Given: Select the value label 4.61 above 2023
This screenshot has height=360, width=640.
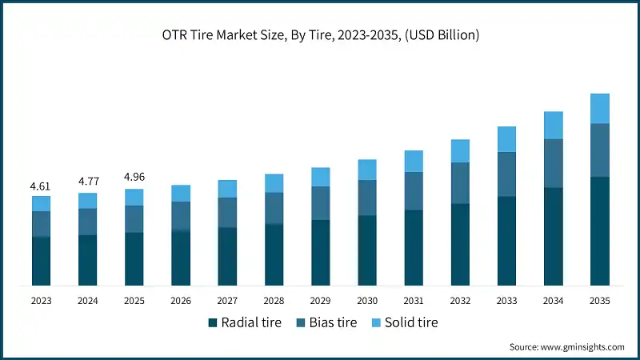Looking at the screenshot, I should pos(41,186).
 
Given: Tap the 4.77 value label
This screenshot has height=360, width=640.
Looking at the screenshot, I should pos(87,182).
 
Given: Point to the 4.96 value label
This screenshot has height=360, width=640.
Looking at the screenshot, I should pos(134,177).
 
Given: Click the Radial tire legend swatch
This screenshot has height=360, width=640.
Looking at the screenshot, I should pos(213,322).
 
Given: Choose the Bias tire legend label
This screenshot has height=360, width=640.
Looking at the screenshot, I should pos(329,322).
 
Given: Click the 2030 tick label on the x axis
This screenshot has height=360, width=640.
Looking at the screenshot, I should pos(366,300).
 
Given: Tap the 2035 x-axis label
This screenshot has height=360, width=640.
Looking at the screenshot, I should pos(599,300).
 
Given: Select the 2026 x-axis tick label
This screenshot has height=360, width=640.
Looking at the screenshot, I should pos(181,300).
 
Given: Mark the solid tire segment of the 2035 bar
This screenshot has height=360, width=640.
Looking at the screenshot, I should pos(599,109).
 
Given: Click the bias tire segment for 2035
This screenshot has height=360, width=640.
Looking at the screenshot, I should pos(599,150).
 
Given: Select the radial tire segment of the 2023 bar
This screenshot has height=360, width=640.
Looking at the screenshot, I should pos(41,261).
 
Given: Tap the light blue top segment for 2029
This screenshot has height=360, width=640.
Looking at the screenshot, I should pos(320,177).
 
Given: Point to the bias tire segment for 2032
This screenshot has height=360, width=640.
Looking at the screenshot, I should pos(460,183).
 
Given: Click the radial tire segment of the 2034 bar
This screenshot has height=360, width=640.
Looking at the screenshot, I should pos(553,236).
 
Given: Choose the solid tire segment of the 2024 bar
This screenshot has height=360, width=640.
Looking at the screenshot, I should pos(87,200).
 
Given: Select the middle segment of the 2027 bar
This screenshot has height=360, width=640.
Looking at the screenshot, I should pos(227,212).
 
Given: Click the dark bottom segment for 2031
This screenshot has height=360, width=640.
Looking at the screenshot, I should pos(413,247).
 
